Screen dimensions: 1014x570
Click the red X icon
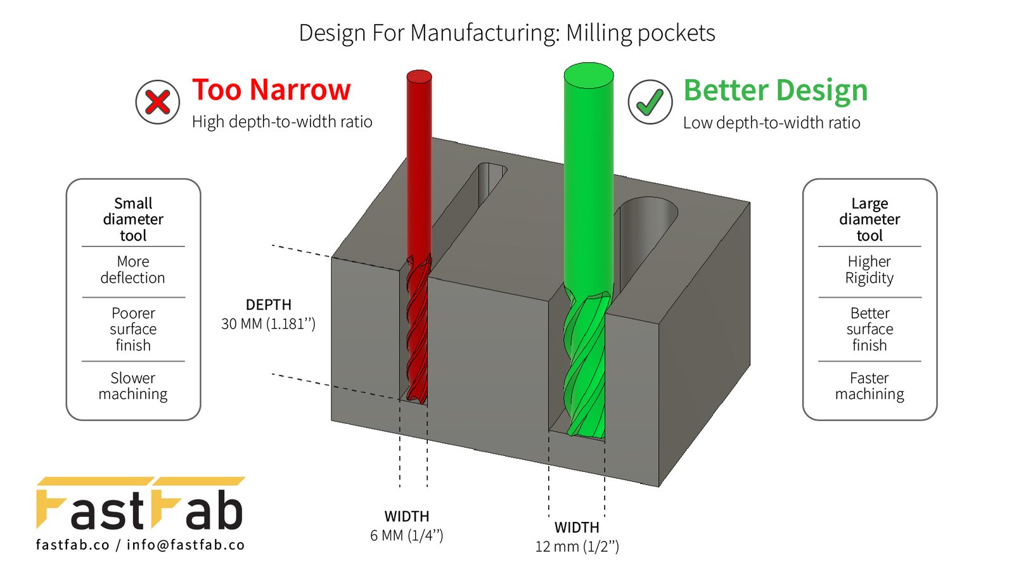[158, 102]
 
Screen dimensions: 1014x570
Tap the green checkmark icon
[650, 102]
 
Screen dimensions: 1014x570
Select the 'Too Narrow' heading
[272, 89]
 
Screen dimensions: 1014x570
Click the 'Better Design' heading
[776, 91]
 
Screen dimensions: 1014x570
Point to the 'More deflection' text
[133, 270]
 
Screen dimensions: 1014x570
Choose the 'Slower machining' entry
[133, 386]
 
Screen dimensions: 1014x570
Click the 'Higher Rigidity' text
[869, 270]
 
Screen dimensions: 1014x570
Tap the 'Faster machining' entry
[869, 386]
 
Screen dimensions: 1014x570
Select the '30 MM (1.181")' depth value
[268, 324]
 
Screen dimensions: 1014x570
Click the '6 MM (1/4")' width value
[406, 536]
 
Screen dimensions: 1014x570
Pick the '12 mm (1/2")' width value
[577, 547]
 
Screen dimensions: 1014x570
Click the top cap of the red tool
[419, 77]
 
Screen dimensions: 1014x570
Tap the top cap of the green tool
[589, 75]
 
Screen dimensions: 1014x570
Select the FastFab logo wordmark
[140, 503]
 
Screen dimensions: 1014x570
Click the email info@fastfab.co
[186, 545]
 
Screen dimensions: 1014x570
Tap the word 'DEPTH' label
[269, 305]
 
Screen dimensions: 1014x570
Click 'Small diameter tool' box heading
[133, 219]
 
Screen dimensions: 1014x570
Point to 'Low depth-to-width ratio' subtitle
[771, 123]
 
